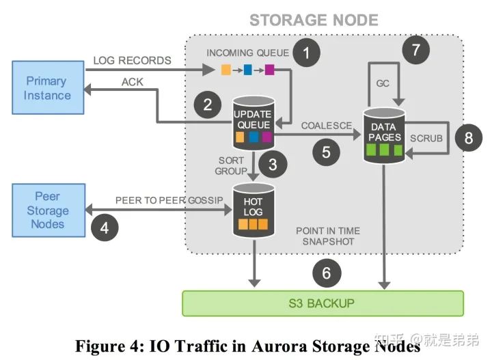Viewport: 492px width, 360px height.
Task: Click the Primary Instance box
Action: click(x=48, y=87)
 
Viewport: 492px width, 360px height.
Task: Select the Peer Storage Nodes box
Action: click(x=49, y=210)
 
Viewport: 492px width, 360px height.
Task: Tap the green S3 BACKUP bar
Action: click(x=323, y=303)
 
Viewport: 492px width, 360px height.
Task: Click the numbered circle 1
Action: click(x=307, y=53)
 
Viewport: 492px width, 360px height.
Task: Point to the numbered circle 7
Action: click(x=415, y=50)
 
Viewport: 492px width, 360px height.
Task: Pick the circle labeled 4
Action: click(x=105, y=227)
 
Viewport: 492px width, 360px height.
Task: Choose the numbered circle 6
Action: click(x=327, y=273)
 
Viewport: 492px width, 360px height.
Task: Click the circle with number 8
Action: click(x=469, y=138)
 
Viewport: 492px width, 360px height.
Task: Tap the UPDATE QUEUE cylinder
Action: click(x=254, y=123)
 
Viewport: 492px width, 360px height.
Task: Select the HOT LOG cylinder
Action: click(x=254, y=210)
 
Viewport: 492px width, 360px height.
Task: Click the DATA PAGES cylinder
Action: click(x=384, y=135)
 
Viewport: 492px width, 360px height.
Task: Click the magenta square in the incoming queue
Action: click(x=269, y=70)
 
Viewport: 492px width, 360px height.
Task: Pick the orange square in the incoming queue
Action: click(x=226, y=70)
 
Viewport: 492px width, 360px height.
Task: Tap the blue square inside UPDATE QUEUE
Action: click(x=254, y=137)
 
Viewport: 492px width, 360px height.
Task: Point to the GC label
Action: click(x=383, y=83)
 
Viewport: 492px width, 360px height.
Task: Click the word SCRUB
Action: click(x=426, y=138)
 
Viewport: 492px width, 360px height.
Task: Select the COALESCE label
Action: click(x=327, y=126)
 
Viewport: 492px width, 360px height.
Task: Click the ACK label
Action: click(x=133, y=82)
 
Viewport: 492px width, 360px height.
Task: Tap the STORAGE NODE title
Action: click(x=314, y=20)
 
